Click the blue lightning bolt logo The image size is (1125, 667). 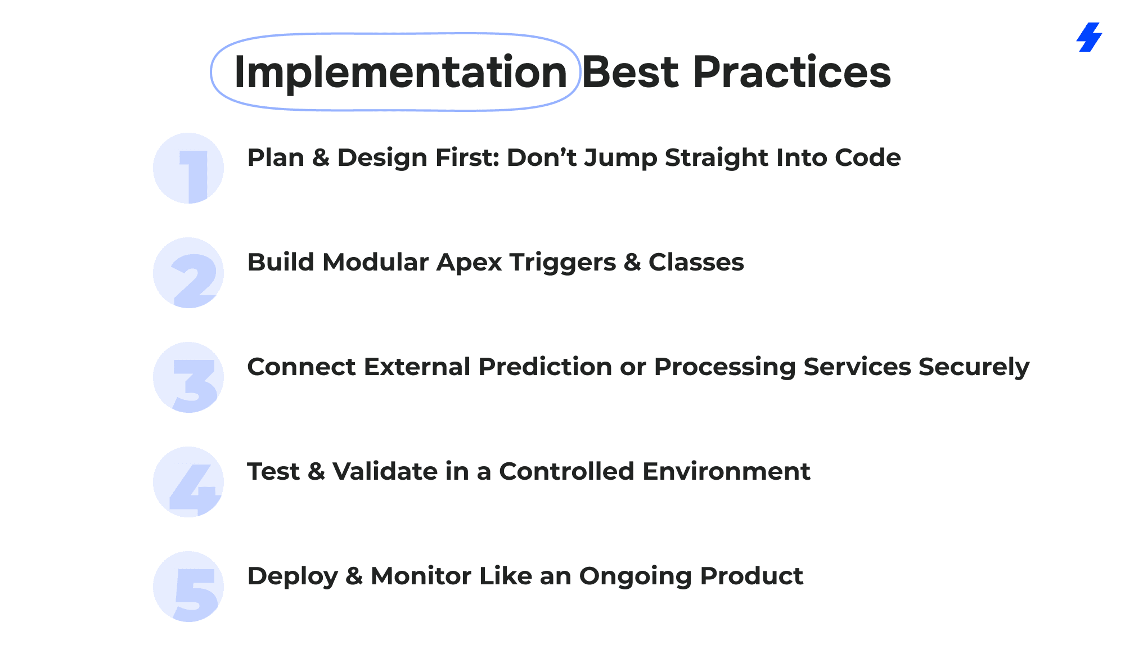click(x=1089, y=37)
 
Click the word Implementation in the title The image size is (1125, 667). click(x=400, y=73)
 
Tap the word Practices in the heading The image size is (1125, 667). click(x=792, y=72)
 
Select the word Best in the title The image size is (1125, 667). click(x=630, y=72)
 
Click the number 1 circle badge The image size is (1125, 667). click(x=188, y=168)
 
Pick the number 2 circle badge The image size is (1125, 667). click(x=188, y=273)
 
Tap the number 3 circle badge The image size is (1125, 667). click(x=188, y=377)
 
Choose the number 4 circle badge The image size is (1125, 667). click(x=188, y=482)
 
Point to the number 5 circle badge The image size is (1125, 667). click(x=188, y=587)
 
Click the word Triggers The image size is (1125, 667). click(x=562, y=263)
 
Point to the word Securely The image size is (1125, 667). click(x=974, y=368)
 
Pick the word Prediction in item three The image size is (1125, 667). click(x=545, y=367)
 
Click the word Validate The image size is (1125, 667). click(x=385, y=472)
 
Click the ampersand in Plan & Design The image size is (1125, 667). click(x=320, y=158)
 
